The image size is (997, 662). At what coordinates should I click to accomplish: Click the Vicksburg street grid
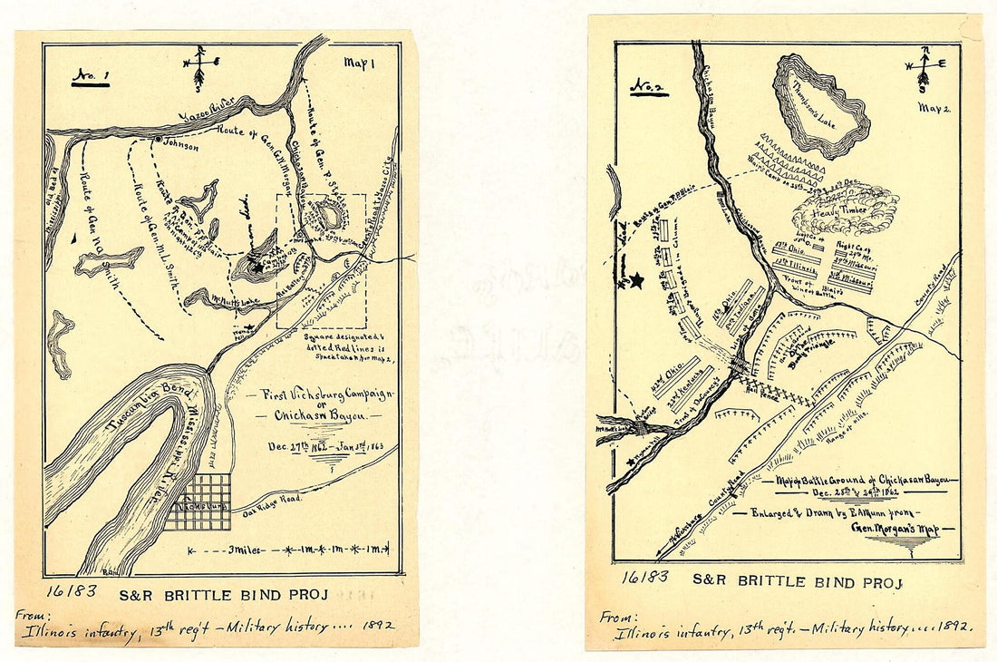pos(199,501)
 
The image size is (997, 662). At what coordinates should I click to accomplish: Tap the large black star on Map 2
pos(636,281)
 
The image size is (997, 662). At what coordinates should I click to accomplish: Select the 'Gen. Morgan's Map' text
pos(894,528)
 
